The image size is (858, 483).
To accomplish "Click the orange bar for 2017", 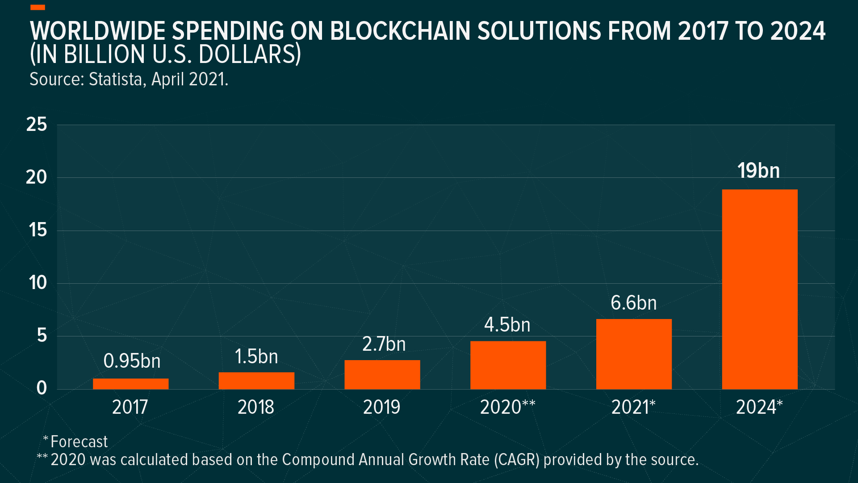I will pos(130,384).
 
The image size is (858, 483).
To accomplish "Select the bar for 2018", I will pos(256,381).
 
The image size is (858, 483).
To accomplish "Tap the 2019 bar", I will pos(382,374).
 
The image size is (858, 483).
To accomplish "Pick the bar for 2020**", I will pos(508,365).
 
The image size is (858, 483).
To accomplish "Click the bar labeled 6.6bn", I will pos(633,354).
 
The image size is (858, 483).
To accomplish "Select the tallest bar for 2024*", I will pos(759,289).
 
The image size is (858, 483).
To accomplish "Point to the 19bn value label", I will pos(758,171).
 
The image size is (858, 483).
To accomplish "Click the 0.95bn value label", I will pos(132,361).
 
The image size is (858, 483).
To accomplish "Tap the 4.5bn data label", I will pos(507,325).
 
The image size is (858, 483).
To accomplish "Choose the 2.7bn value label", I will pos(384,344).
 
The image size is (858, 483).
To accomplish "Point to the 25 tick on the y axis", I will pos(37,125).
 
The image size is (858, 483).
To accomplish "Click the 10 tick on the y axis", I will pos(38,283).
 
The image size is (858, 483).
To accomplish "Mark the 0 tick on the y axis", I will pos(42,388).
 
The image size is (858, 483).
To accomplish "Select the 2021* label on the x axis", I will pos(633,407).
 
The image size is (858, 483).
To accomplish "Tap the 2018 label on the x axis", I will pos(255,407).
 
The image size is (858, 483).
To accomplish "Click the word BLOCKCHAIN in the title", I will pos(400,31).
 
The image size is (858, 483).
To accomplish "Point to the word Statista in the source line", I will pos(116,80).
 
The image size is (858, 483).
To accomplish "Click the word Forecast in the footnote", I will pos(79,442).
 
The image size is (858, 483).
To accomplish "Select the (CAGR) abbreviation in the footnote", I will pos(517,460).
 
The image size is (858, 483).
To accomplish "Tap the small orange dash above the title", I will pos(38,7).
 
